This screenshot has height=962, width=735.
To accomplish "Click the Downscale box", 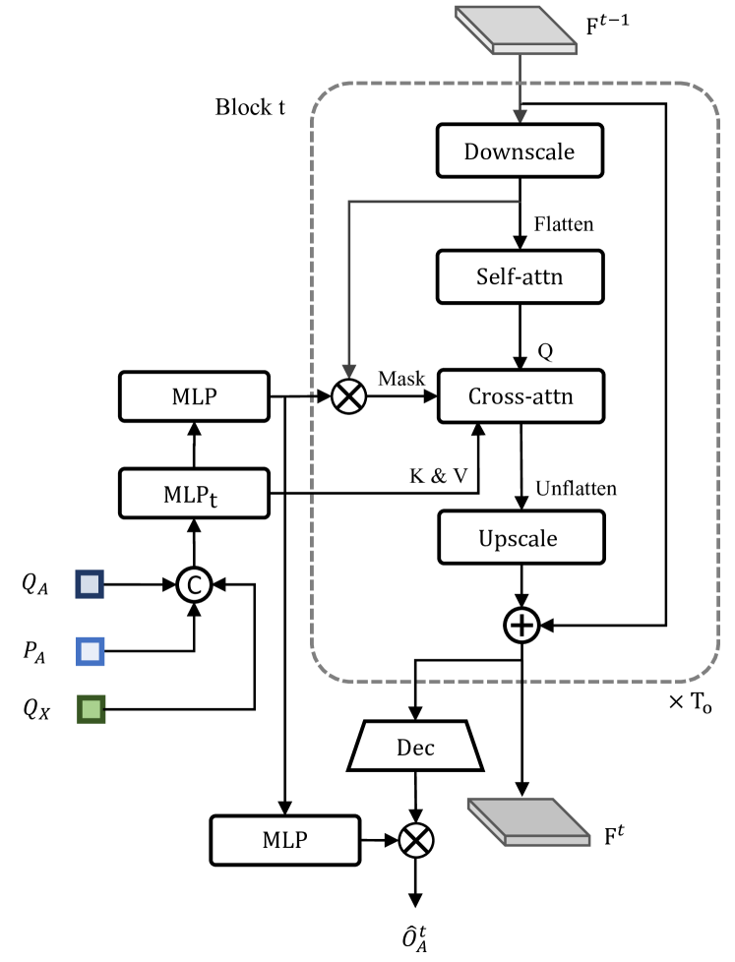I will [519, 151].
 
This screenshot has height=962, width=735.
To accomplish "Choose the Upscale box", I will [519, 538].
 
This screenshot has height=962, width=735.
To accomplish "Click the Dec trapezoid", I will [416, 748].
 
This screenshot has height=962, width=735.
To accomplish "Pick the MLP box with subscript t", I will [193, 493].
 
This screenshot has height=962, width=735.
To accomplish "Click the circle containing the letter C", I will [194, 586].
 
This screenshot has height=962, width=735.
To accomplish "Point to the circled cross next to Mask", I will [348, 397].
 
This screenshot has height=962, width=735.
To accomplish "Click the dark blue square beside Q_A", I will [91, 586].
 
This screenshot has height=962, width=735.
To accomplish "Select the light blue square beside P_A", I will [91, 650].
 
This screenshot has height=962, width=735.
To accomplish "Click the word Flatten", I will [563, 225].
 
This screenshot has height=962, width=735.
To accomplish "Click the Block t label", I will [250, 106].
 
